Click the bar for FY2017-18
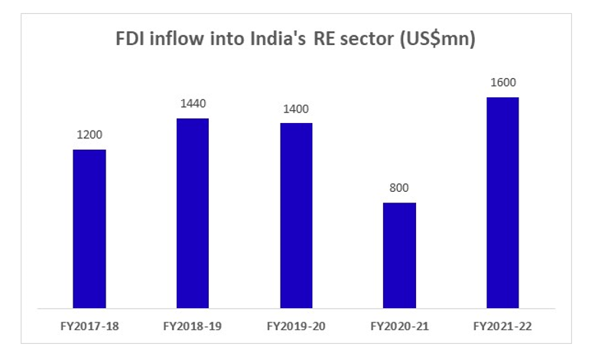point(89,229)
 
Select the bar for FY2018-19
point(193,213)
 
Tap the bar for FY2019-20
point(296,216)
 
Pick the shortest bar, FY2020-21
point(399,255)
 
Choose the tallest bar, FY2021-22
point(502,203)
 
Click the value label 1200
point(89,135)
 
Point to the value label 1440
point(193,104)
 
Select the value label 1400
point(296,109)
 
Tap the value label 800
point(399,188)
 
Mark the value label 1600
point(502,83)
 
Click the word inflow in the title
point(179,40)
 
